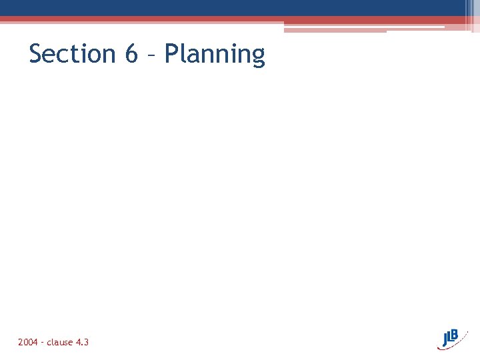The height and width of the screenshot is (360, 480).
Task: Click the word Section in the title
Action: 73,54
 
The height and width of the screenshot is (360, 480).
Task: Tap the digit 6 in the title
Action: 131,54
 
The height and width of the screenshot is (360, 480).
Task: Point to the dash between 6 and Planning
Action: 151,55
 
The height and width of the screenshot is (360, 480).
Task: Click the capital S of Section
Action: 36,54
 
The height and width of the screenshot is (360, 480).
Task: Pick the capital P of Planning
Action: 171,54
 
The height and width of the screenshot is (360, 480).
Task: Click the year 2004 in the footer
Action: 28,342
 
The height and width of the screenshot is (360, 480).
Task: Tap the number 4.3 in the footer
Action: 83,342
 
